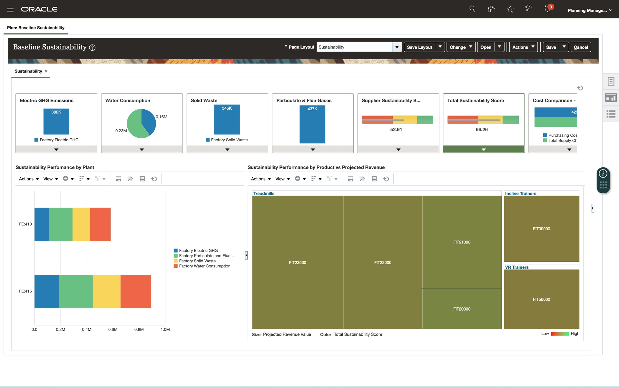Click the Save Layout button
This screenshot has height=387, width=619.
pyautogui.click(x=419, y=47)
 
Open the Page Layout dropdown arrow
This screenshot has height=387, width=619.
pyautogui.click(x=397, y=47)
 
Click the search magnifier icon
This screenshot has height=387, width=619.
pyautogui.click(x=472, y=9)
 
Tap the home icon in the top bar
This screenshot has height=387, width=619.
pyautogui.click(x=491, y=9)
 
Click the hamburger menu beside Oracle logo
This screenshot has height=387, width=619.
pyautogui.click(x=10, y=10)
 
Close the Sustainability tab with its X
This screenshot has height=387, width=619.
pyautogui.click(x=46, y=71)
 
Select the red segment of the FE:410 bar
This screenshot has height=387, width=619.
pyautogui.click(x=100, y=224)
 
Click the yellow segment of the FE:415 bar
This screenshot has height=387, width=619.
pyautogui.click(x=106, y=291)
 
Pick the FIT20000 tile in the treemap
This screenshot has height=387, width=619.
pyautogui.click(x=462, y=309)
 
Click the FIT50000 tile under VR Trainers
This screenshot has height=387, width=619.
pyautogui.click(x=541, y=299)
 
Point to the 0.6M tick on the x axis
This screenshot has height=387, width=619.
pyautogui.click(x=113, y=329)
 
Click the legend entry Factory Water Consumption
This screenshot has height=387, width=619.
pyautogui.click(x=204, y=266)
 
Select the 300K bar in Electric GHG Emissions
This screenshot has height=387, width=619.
pyautogui.click(x=56, y=122)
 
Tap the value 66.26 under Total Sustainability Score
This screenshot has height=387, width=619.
pyautogui.click(x=482, y=130)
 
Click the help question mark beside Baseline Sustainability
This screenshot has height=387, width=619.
pyautogui.click(x=92, y=48)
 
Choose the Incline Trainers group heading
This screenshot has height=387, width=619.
pyautogui.click(x=520, y=193)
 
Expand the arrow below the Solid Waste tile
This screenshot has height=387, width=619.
pyautogui.click(x=227, y=150)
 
